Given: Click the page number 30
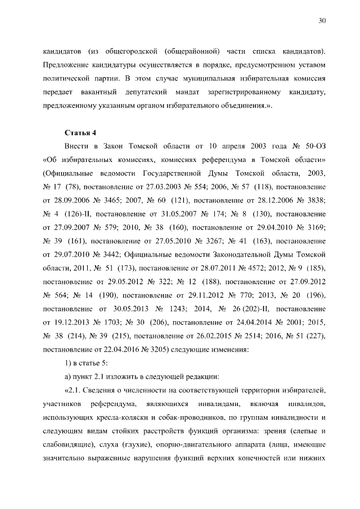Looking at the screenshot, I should pyautogui.click(x=322, y=21).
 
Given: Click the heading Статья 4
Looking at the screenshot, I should pyautogui.click(x=81, y=132).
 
